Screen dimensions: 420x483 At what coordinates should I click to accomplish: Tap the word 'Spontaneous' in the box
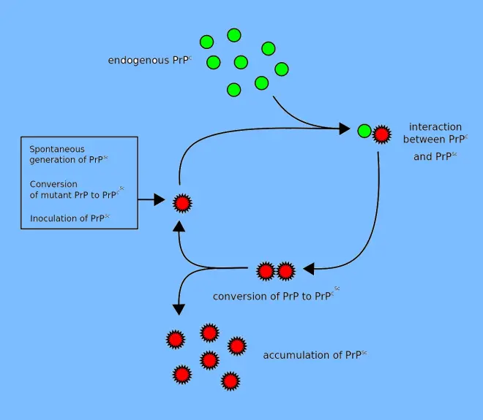pyautogui.click(x=57, y=149)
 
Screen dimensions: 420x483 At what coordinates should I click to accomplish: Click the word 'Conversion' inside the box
pyautogui.click(x=53, y=184)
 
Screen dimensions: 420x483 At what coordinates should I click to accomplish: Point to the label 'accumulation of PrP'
pyautogui.click(x=314, y=356)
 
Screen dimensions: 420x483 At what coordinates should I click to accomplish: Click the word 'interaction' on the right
pyautogui.click(x=435, y=127)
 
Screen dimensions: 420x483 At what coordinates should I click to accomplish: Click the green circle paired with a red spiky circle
pyautogui.click(x=364, y=131)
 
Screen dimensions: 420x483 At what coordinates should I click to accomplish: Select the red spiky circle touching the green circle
pyautogui.click(x=381, y=134)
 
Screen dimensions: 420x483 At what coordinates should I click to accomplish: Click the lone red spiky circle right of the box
pyautogui.click(x=181, y=202)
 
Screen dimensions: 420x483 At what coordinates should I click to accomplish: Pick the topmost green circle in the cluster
pyautogui.click(x=234, y=35)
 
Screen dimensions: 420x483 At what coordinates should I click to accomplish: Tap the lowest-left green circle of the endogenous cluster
pyautogui.click(x=234, y=90)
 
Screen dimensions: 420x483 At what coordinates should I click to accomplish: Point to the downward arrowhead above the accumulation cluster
pyautogui.click(x=176, y=308)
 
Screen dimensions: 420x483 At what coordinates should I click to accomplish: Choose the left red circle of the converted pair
pyautogui.click(x=266, y=272)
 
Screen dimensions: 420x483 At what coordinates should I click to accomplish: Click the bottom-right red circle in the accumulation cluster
pyautogui.click(x=231, y=381)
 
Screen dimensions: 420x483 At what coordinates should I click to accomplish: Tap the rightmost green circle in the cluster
pyautogui.click(x=281, y=69)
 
